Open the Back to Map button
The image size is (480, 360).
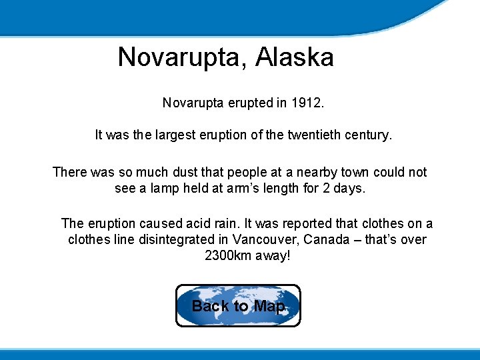238,306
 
